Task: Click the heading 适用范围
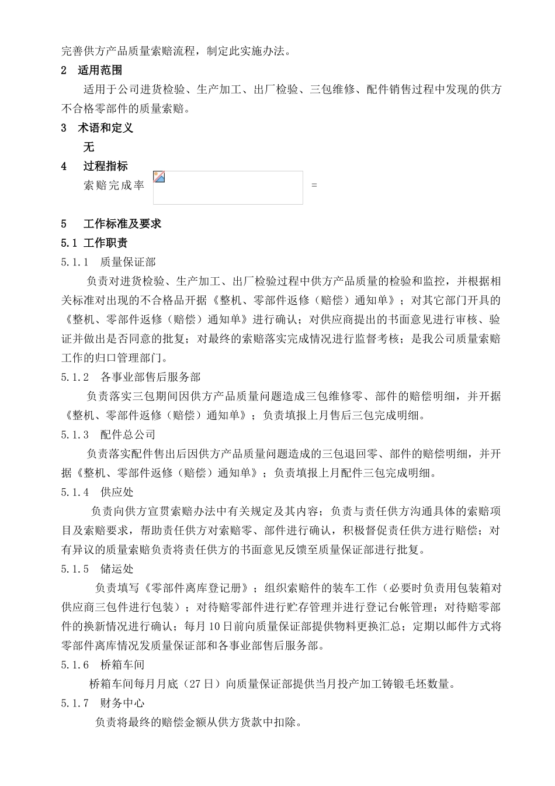pos(100,70)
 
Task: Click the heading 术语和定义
pos(105,127)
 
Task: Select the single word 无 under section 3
pos(89,147)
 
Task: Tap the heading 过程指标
pos(105,166)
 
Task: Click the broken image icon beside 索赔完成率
pos(159,177)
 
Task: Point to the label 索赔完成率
pos(114,185)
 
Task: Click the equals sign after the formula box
pos(314,185)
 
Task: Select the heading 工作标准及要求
pos(122,223)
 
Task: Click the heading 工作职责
pos(105,243)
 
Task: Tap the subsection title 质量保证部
pos(128,262)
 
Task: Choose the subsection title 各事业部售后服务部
pos(150,377)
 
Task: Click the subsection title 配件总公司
pos(128,435)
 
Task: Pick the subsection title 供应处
pos(117,492)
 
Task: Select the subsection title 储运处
pos(117,568)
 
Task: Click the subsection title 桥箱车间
pos(122,664)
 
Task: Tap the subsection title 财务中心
pos(122,703)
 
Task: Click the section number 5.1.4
pos(75,492)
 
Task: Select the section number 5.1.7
pos(75,703)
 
